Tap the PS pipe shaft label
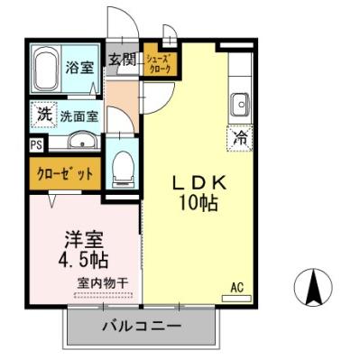36,144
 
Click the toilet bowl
122,165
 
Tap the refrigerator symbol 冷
241,139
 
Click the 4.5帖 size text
82,263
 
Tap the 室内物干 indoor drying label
102,283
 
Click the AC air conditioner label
237,287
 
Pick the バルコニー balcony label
141,325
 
